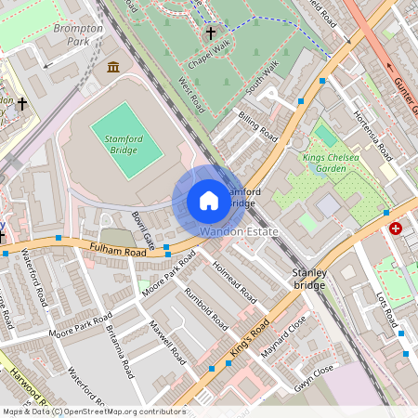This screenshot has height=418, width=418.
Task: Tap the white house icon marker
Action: click(x=209, y=201)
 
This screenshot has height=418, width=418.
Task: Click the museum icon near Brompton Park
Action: click(x=112, y=67)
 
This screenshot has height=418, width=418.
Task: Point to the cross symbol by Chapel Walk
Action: click(x=211, y=33)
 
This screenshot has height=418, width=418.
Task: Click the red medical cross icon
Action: click(x=397, y=228)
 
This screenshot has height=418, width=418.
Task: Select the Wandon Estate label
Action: click(x=239, y=230)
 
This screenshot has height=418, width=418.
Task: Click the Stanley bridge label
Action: click(x=307, y=279)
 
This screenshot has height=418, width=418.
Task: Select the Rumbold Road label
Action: click(x=205, y=310)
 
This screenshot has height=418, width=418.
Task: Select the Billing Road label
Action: click(x=257, y=125)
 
